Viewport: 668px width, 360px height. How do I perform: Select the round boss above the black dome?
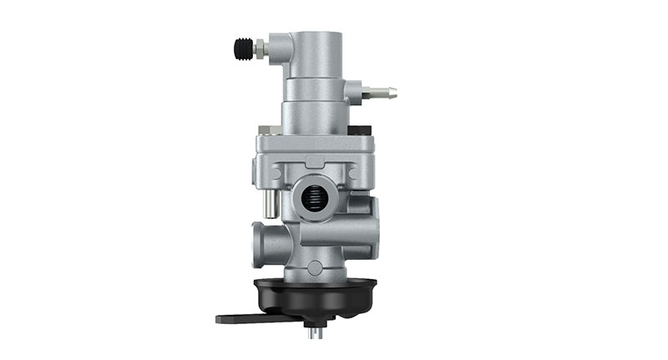[x=314, y=267]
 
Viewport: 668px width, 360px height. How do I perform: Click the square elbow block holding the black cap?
[x=280, y=50]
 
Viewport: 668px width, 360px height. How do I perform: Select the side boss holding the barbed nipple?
[x=354, y=89]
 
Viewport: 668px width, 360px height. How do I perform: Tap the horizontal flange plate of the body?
[x=312, y=142]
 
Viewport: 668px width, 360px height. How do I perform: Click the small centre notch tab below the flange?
[x=312, y=160]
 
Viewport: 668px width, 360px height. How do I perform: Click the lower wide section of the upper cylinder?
[x=314, y=113]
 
